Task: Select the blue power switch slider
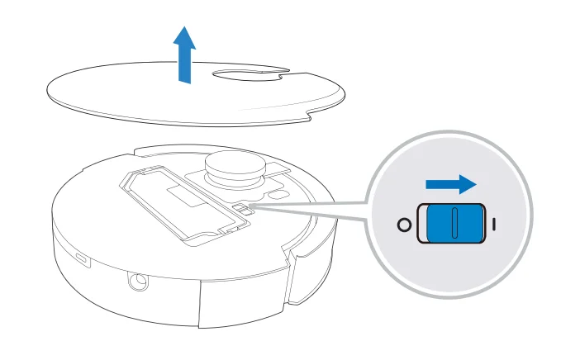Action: [x=453, y=224]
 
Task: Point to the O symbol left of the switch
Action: [x=403, y=225]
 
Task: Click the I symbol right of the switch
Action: [x=494, y=224]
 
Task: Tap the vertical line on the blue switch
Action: [x=453, y=224]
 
